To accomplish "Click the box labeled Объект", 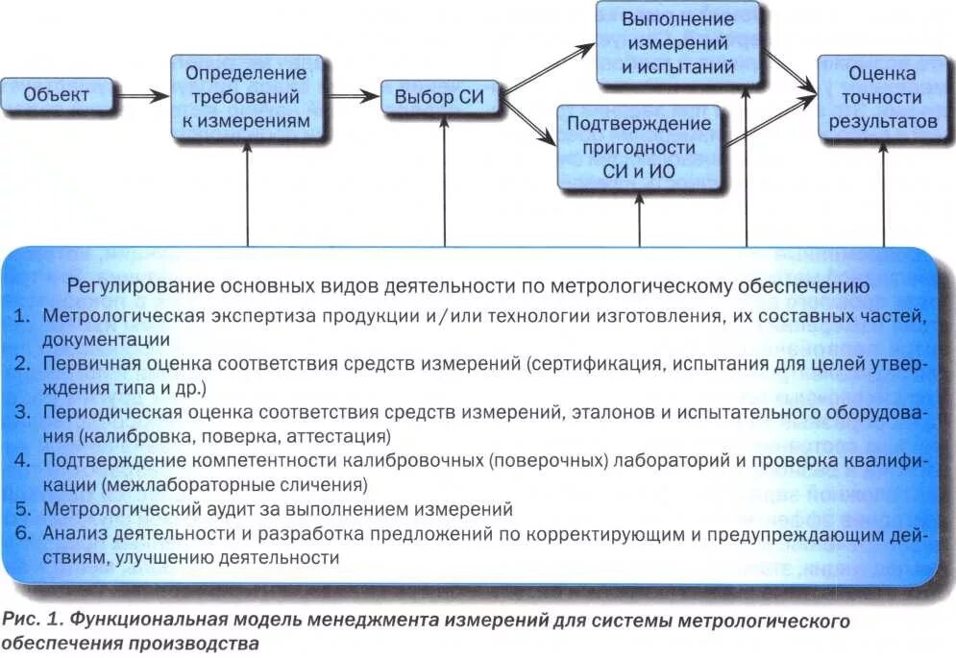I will pyautogui.click(x=57, y=95).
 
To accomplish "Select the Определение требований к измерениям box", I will pyautogui.click(x=247, y=97).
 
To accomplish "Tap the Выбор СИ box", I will pyautogui.click(x=443, y=97).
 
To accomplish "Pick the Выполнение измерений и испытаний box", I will pyautogui.click(x=677, y=43).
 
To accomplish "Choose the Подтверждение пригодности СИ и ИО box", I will pyautogui.click(x=639, y=147).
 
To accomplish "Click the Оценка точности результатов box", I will pyautogui.click(x=882, y=98).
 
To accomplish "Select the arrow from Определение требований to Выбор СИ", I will pyautogui.click(x=352, y=96).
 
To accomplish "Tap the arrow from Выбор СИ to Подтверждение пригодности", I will pyautogui.click(x=532, y=121).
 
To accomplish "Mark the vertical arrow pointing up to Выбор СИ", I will pyautogui.click(x=445, y=183).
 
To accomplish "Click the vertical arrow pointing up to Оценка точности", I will pyautogui.click(x=883, y=192).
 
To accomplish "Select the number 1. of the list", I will pyautogui.click(x=25, y=315).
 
